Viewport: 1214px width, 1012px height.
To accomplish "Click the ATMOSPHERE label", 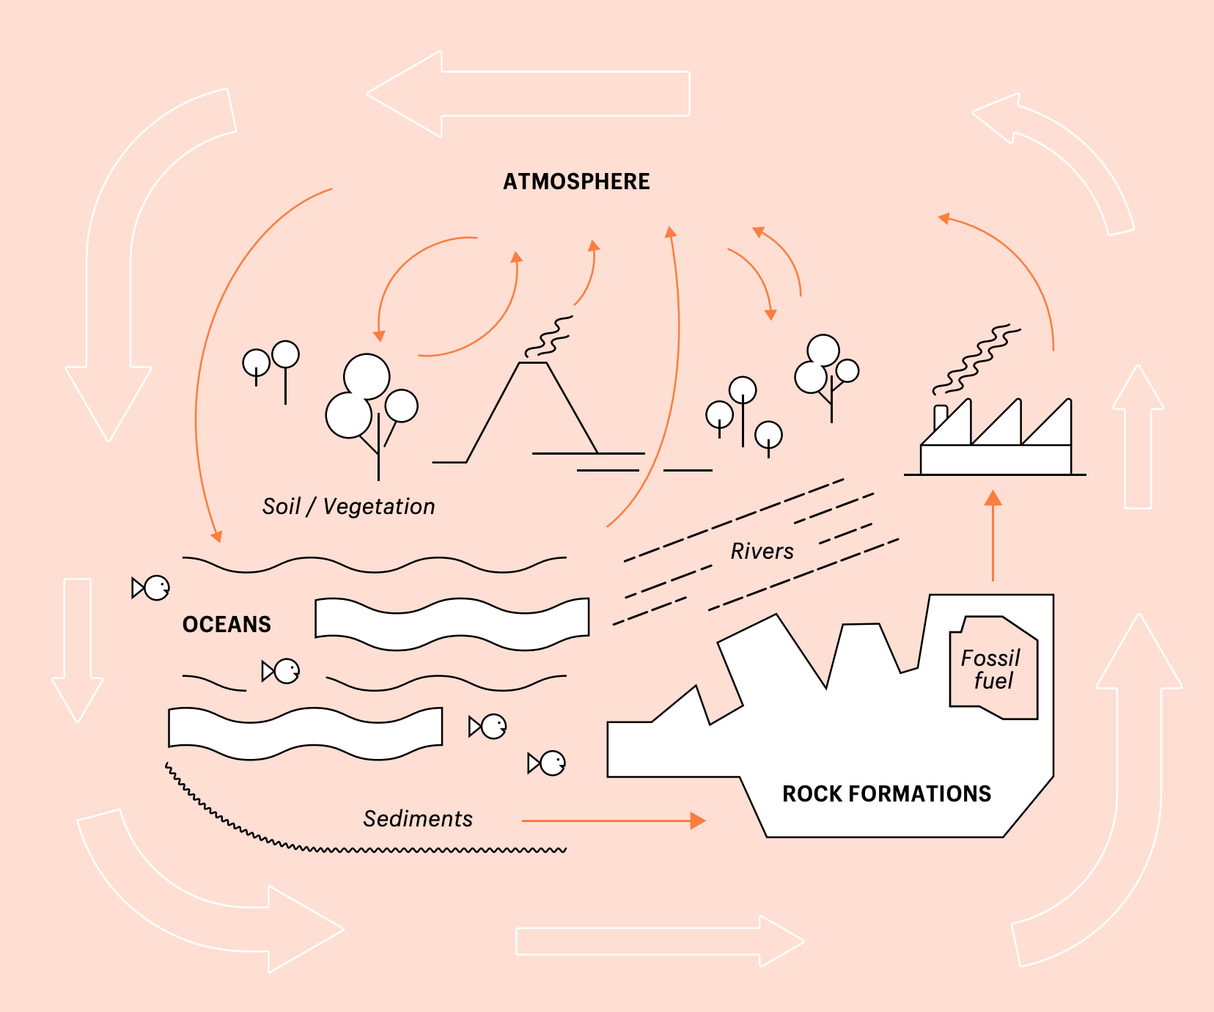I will pos(576,182).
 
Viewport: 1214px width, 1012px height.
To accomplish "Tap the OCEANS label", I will pos(227,625).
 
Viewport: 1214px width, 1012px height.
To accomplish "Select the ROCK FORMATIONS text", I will pos(886,794).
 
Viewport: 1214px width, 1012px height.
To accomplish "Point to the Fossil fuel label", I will pos(991,669).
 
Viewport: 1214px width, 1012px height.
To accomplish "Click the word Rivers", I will pos(762,551).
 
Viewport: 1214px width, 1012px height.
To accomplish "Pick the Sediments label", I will pos(418,819).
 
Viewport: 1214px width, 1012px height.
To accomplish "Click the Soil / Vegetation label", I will pos(349,507).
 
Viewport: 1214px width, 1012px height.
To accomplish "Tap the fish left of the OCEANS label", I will pos(152,587).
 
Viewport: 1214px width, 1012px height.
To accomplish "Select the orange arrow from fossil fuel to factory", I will pos(993,535).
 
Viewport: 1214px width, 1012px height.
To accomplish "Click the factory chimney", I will pos(941,418).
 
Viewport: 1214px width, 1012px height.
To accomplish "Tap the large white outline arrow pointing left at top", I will pos(528,94).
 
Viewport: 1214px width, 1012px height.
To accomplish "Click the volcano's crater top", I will pos(533,363).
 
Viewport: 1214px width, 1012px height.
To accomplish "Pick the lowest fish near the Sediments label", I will pos(548,763).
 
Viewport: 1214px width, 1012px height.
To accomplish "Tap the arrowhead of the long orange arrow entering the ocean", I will pos(216,537).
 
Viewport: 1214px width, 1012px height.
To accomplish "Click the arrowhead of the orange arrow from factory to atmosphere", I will pos(944,218).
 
